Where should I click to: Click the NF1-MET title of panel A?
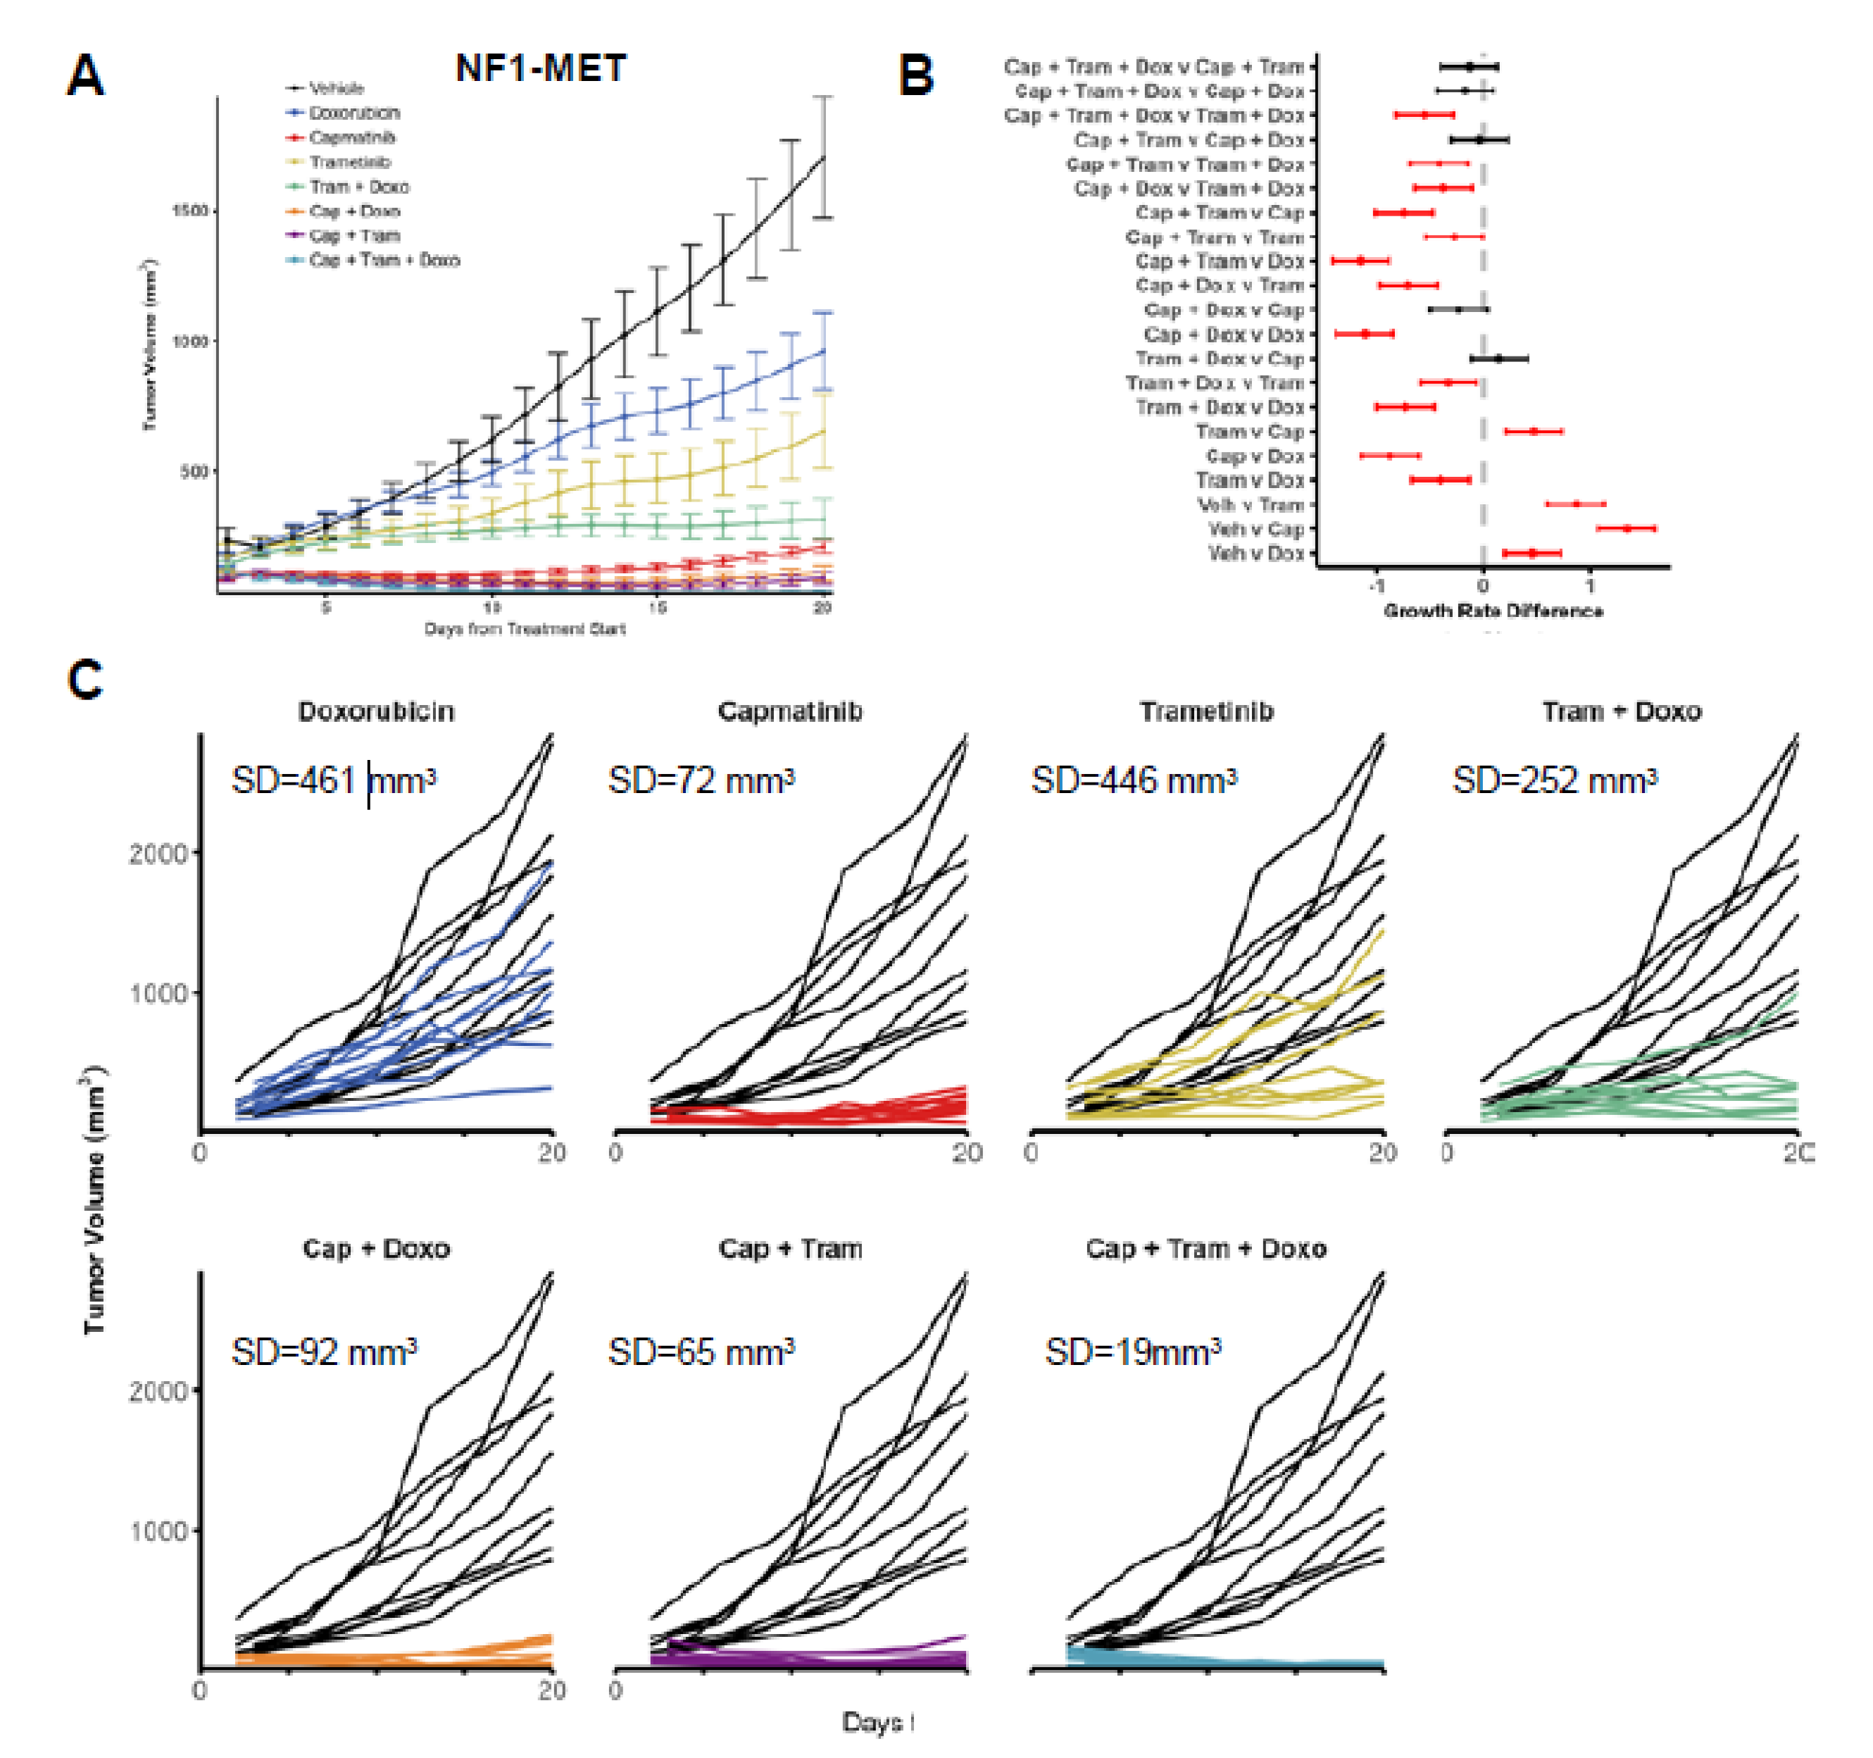pyautogui.click(x=541, y=68)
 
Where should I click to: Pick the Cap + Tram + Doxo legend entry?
pyautogui.click(x=384, y=260)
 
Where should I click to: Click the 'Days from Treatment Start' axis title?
pyautogui.click(x=525, y=629)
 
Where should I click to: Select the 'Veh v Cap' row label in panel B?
pyautogui.click(x=1256, y=530)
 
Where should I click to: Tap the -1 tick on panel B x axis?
pyautogui.click(x=1377, y=586)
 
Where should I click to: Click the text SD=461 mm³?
pyautogui.click(x=334, y=780)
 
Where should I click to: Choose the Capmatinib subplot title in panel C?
pyautogui.click(x=789, y=711)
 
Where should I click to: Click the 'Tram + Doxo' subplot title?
pyautogui.click(x=1622, y=711)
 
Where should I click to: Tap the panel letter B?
pyautogui.click(x=916, y=75)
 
